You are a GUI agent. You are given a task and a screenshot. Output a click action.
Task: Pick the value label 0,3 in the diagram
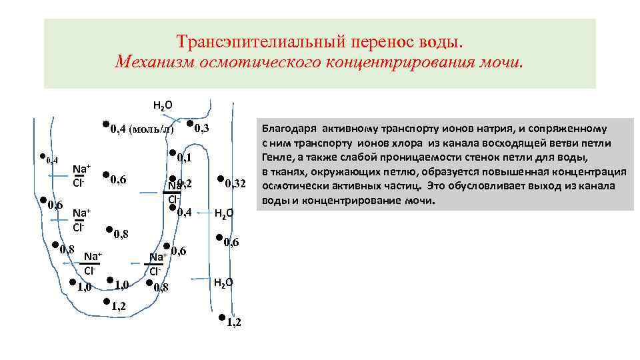pyautogui.click(x=202, y=127)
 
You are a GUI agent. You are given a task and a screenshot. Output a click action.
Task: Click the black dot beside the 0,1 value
pyautogui.click(x=172, y=153)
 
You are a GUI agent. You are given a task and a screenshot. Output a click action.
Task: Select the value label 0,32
pyautogui.click(x=236, y=183)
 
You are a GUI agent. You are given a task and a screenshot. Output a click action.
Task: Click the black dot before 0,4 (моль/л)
pyautogui.click(x=106, y=125)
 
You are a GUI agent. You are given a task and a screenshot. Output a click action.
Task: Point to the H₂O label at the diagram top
pyautogui.click(x=163, y=105)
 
